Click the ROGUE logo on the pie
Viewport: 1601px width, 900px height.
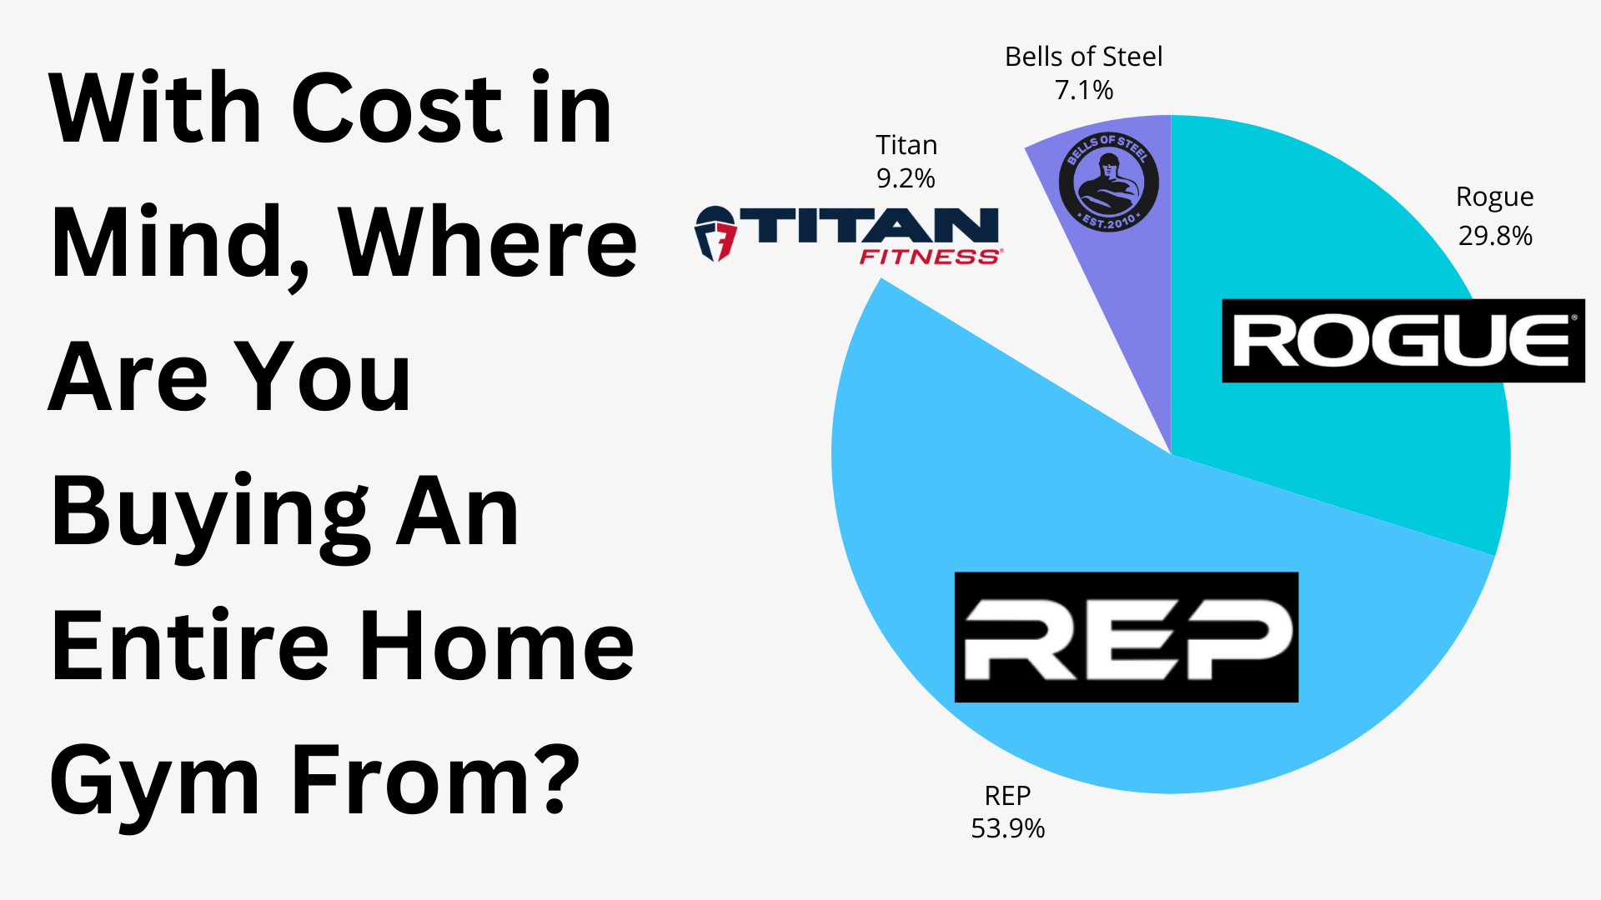coord(1403,341)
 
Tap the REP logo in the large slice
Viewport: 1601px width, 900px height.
coord(1127,637)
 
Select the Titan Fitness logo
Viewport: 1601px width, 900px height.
coord(848,235)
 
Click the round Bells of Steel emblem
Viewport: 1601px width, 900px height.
coord(1108,182)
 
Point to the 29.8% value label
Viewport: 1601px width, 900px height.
coord(1495,236)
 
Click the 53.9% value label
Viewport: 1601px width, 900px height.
coord(1007,828)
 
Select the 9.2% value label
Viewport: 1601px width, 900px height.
coord(906,178)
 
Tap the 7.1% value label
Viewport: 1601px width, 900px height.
coord(1084,90)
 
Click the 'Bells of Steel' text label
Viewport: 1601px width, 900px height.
coord(1083,57)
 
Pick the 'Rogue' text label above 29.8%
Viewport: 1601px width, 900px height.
coord(1494,197)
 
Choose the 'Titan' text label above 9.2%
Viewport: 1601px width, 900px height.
coord(906,145)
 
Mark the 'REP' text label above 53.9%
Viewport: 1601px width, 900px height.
coord(1007,796)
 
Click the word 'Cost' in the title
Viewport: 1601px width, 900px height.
coord(396,108)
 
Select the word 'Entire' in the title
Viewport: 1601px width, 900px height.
coord(190,646)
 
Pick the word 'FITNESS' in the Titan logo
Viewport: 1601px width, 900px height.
coord(930,257)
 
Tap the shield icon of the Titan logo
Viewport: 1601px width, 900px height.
coord(715,234)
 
